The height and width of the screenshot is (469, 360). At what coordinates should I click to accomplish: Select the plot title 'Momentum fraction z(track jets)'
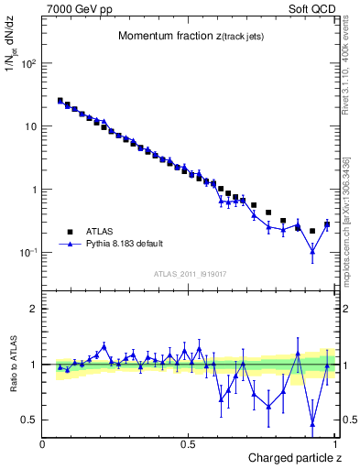point(188,36)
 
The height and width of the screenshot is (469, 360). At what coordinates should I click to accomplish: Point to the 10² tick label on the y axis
point(27,64)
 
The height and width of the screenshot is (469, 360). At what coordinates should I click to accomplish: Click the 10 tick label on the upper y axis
point(30,126)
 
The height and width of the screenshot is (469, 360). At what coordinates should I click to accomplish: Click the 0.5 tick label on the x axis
point(188,443)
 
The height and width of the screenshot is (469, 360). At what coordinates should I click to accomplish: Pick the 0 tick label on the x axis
point(43,443)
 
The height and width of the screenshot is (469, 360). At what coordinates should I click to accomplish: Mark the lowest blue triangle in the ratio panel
point(312,423)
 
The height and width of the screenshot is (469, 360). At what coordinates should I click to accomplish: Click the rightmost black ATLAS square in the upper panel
point(327,224)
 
